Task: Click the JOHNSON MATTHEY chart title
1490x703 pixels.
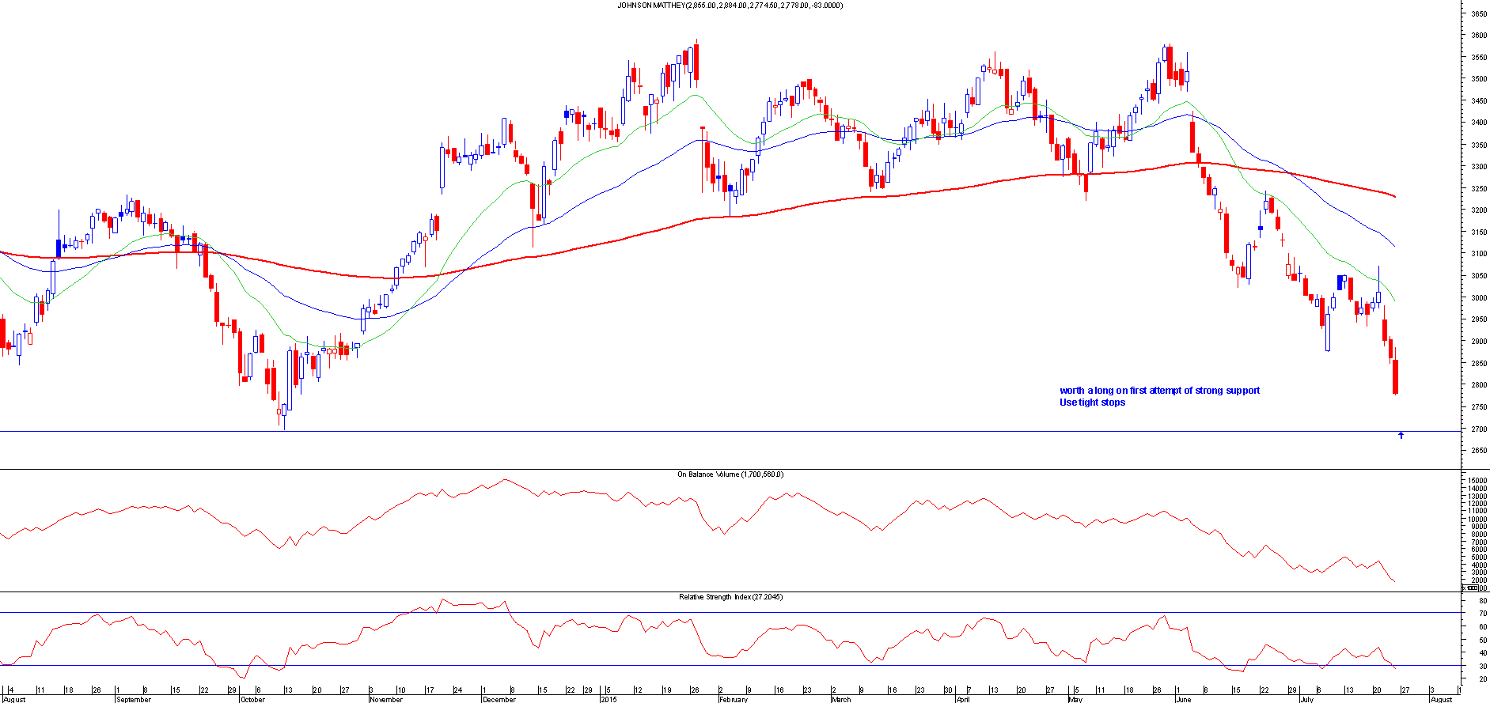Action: (x=730, y=6)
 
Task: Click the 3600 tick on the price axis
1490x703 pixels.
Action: (x=1478, y=36)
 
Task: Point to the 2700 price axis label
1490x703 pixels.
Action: (x=1478, y=429)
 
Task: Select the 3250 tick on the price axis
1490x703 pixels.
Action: (x=1478, y=189)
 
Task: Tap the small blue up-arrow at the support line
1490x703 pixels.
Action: (x=1401, y=435)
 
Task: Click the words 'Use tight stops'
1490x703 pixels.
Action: (x=1092, y=403)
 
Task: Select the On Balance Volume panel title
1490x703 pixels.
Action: (x=730, y=474)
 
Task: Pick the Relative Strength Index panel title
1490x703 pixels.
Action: (x=730, y=597)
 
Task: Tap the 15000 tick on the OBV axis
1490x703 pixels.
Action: (x=1477, y=481)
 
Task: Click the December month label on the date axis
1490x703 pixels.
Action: (x=499, y=699)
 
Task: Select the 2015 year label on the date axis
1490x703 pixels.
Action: (x=609, y=699)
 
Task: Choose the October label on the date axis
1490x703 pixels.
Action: (x=252, y=699)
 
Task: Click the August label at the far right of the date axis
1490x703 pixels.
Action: (x=1442, y=699)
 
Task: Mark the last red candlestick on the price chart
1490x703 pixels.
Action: (x=1395, y=376)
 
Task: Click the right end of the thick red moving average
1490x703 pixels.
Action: (x=1394, y=196)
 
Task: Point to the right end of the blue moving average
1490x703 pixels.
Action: (x=1394, y=246)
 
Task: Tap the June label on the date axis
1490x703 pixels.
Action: (x=1183, y=699)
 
